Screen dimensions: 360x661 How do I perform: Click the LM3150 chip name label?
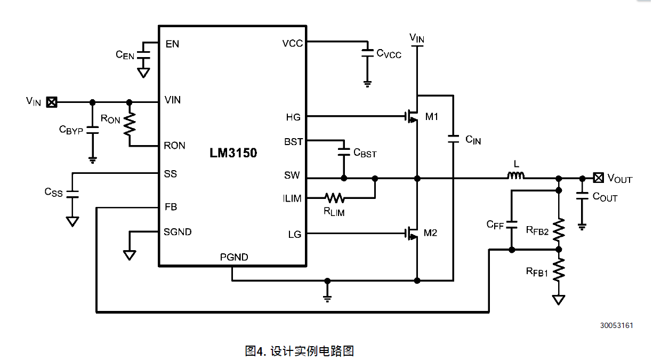pos(233,154)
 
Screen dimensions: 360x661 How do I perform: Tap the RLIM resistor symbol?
pos(335,198)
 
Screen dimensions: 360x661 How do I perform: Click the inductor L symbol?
pos(515,176)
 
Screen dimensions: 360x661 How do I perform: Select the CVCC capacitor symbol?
pos(367,52)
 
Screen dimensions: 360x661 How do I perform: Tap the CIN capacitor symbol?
pos(453,139)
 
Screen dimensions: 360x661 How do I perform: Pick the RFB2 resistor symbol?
pos(559,230)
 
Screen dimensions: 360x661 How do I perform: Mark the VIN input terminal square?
pos(52,101)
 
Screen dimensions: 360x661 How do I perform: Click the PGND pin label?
pos(234,257)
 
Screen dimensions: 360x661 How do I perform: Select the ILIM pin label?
pos(292,198)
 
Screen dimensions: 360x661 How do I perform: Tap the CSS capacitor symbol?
pos(72,193)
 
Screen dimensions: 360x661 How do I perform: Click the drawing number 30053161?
pos(617,325)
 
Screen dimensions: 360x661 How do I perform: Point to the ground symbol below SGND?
pos(130,255)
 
